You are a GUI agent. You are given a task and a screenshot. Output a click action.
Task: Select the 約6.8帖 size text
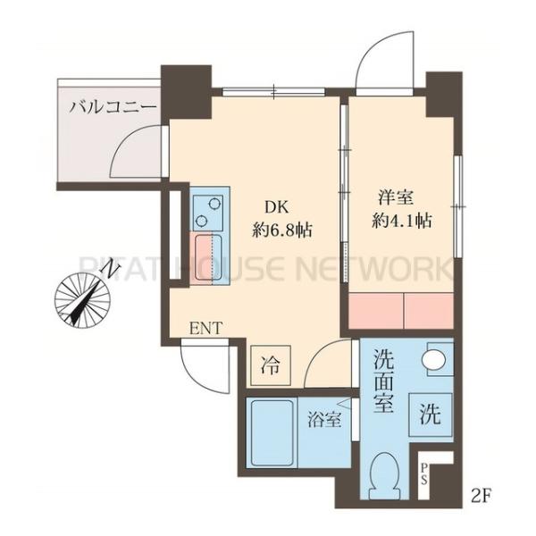282,229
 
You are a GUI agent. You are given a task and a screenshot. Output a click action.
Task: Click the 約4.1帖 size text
402,221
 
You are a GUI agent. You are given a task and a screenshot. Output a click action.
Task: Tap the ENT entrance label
205,327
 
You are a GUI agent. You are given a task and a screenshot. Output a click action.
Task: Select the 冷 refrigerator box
269,364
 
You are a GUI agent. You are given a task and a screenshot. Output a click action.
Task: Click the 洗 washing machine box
430,414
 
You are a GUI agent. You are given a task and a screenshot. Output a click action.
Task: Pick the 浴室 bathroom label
323,419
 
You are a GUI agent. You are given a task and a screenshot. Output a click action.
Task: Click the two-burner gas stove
209,211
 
